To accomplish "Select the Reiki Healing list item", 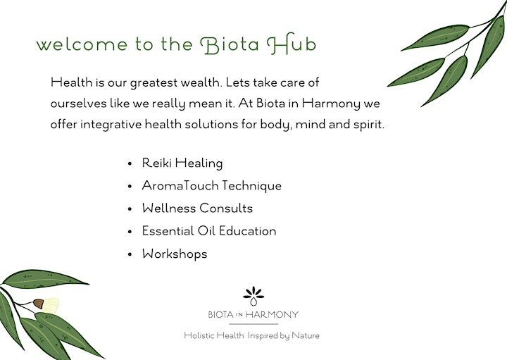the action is pos(182,163).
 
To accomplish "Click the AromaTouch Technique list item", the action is pos(211,186).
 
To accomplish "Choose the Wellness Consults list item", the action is pos(197,208).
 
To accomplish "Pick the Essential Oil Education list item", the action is pos(209,230).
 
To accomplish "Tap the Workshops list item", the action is pos(175,254).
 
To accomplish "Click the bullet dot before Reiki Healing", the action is pos(130,163).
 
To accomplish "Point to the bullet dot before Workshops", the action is pos(130,254).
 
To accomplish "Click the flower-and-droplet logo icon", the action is pos(254,296).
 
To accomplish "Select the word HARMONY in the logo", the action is pos(272,314).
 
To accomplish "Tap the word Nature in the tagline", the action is pos(305,335).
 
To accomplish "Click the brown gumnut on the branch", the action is pos(38,304).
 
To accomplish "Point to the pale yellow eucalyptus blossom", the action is pos(51,305).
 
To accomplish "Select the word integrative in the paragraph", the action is pos(111,124).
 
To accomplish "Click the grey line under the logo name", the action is pos(254,324).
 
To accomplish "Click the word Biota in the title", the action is pos(230,44).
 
